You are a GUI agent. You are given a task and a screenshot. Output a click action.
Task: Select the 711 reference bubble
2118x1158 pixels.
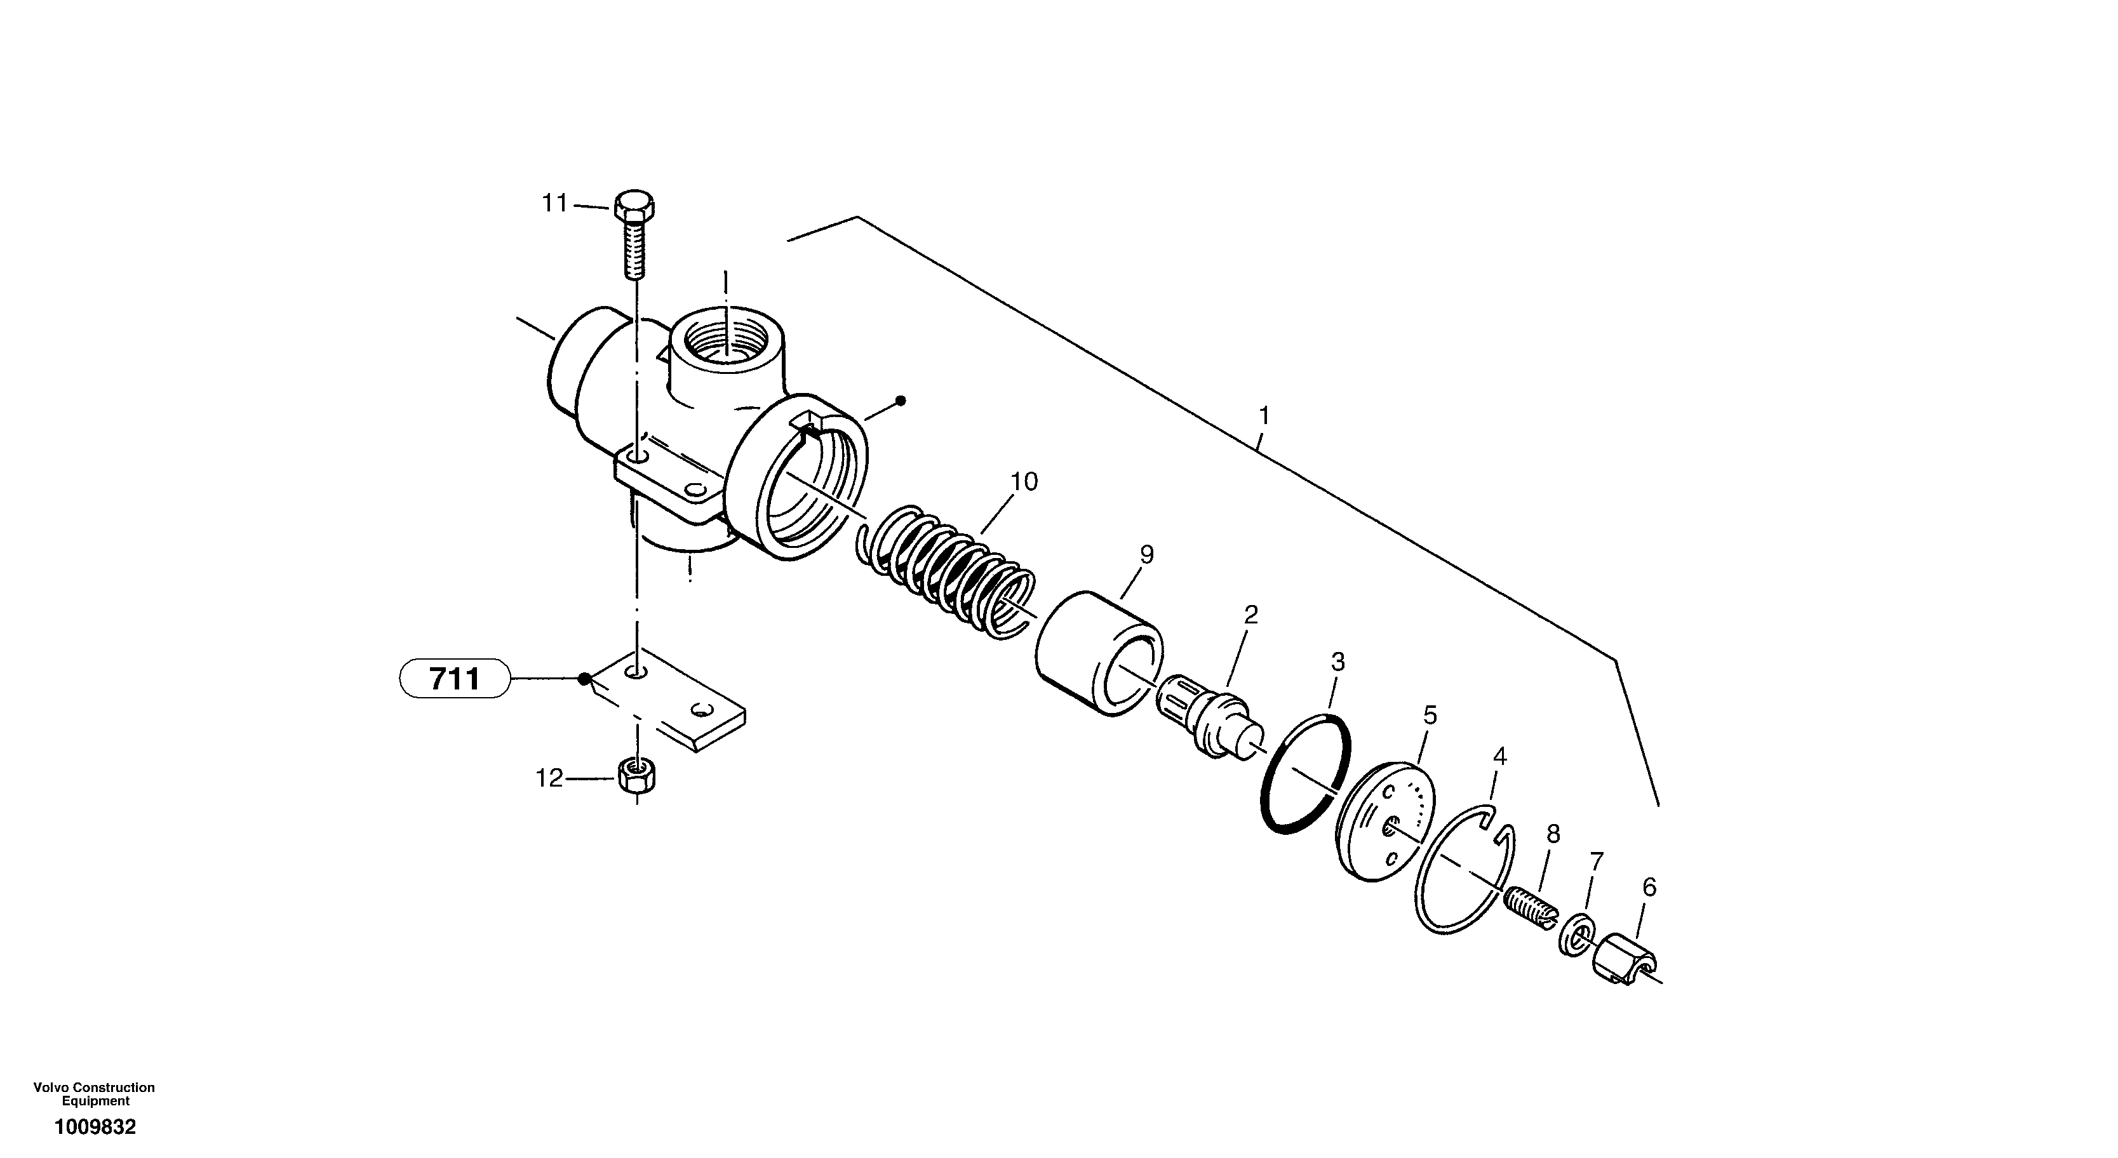tap(455, 679)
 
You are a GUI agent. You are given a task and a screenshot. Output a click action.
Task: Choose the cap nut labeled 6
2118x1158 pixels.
tap(1623, 958)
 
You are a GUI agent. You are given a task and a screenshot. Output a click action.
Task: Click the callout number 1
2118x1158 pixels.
tap(1264, 416)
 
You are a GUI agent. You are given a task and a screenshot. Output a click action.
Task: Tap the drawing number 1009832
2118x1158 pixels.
tap(95, 1128)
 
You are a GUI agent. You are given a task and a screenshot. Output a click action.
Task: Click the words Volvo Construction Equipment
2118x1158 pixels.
tap(94, 1094)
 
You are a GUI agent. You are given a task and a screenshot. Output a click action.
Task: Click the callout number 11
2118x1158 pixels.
tap(554, 203)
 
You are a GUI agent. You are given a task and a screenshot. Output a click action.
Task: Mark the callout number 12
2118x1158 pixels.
tap(549, 778)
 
